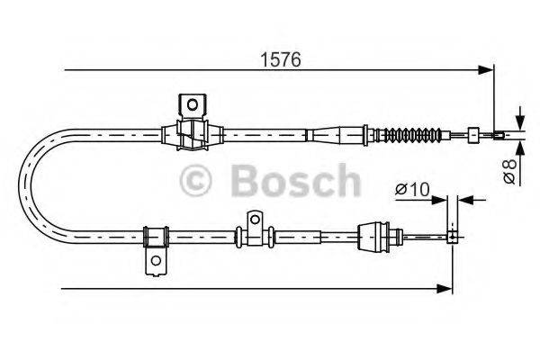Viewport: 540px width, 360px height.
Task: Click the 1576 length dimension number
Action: (281, 59)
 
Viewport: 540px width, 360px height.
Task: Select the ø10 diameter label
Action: (412, 189)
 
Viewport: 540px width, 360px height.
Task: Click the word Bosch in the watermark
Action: (296, 180)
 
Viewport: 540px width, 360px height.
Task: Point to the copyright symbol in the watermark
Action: (195, 180)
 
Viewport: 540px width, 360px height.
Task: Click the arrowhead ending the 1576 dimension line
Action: (486, 70)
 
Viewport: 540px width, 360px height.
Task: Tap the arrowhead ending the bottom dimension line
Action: (444, 289)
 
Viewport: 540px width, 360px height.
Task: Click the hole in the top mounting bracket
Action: (193, 104)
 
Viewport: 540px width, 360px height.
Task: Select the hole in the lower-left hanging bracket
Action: (156, 260)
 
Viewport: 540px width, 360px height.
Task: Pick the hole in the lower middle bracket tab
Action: (255, 219)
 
